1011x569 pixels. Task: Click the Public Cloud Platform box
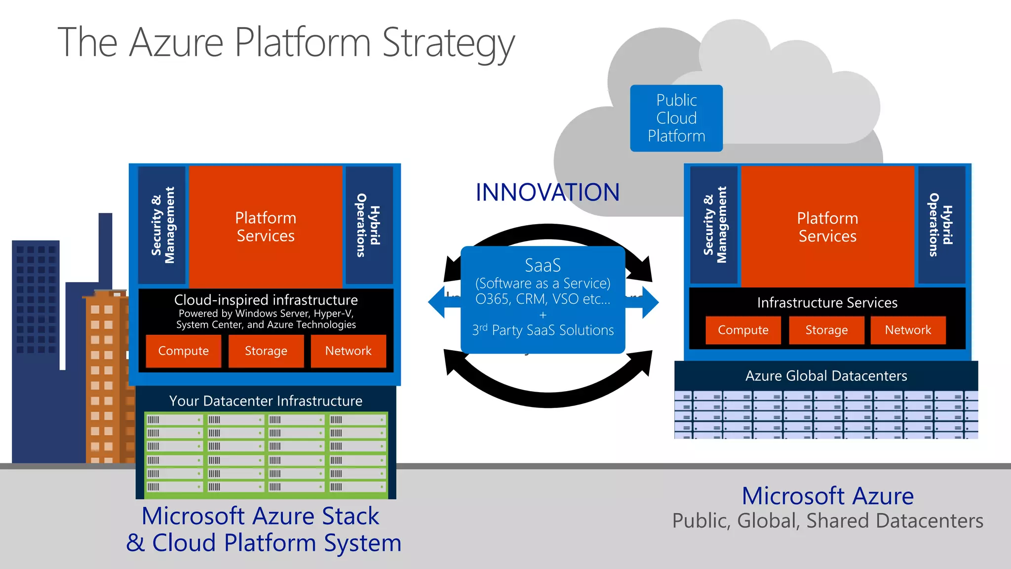click(x=676, y=118)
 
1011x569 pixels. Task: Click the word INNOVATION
click(x=547, y=193)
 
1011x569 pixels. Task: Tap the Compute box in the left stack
click(x=183, y=351)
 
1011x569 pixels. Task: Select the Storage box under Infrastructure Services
click(x=826, y=330)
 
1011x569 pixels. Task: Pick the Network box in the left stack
click(x=348, y=351)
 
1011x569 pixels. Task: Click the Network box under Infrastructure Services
click(x=908, y=330)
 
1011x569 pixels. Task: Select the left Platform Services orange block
click(x=266, y=227)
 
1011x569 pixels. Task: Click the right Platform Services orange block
click(x=827, y=227)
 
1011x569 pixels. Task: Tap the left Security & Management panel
click(x=162, y=225)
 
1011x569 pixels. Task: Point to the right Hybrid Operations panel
click(x=941, y=225)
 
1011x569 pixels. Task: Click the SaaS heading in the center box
click(x=543, y=265)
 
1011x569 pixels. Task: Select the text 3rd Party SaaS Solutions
click(x=543, y=330)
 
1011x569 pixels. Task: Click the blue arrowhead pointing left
click(x=437, y=302)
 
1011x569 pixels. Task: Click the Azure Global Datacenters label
click(x=826, y=376)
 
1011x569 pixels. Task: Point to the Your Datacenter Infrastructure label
click(x=266, y=401)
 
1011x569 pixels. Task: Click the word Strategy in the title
click(x=448, y=43)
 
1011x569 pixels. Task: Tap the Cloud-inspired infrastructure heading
click(x=266, y=300)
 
